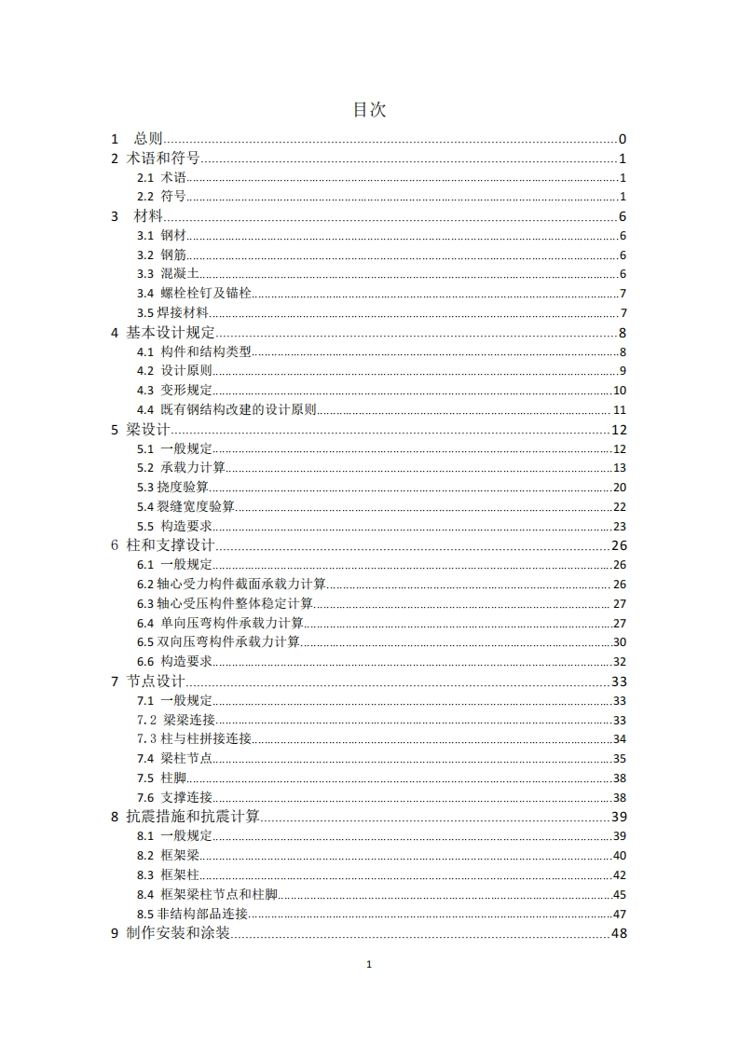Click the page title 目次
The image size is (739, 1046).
pos(369,110)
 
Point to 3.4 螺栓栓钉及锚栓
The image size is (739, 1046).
pos(195,294)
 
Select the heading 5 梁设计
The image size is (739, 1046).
pos(142,430)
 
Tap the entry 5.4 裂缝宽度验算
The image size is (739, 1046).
pos(185,507)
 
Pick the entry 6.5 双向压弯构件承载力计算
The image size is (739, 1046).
pos(218,642)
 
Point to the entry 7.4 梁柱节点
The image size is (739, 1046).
pos(173,759)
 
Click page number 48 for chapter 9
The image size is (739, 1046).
pos(618,933)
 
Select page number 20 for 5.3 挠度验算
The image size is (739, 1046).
pos(619,488)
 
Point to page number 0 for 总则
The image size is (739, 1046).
pos(622,139)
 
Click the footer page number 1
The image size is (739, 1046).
pos(370,965)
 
